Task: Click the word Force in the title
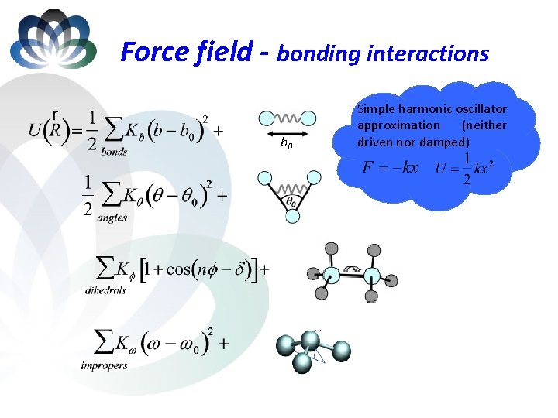153,52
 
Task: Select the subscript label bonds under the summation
114,152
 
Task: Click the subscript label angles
112,218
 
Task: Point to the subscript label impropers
104,365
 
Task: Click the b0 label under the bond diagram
286,144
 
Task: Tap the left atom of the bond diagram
266,118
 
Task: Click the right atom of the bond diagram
308,118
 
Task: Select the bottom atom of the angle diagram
292,217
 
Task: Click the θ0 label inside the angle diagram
292,201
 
